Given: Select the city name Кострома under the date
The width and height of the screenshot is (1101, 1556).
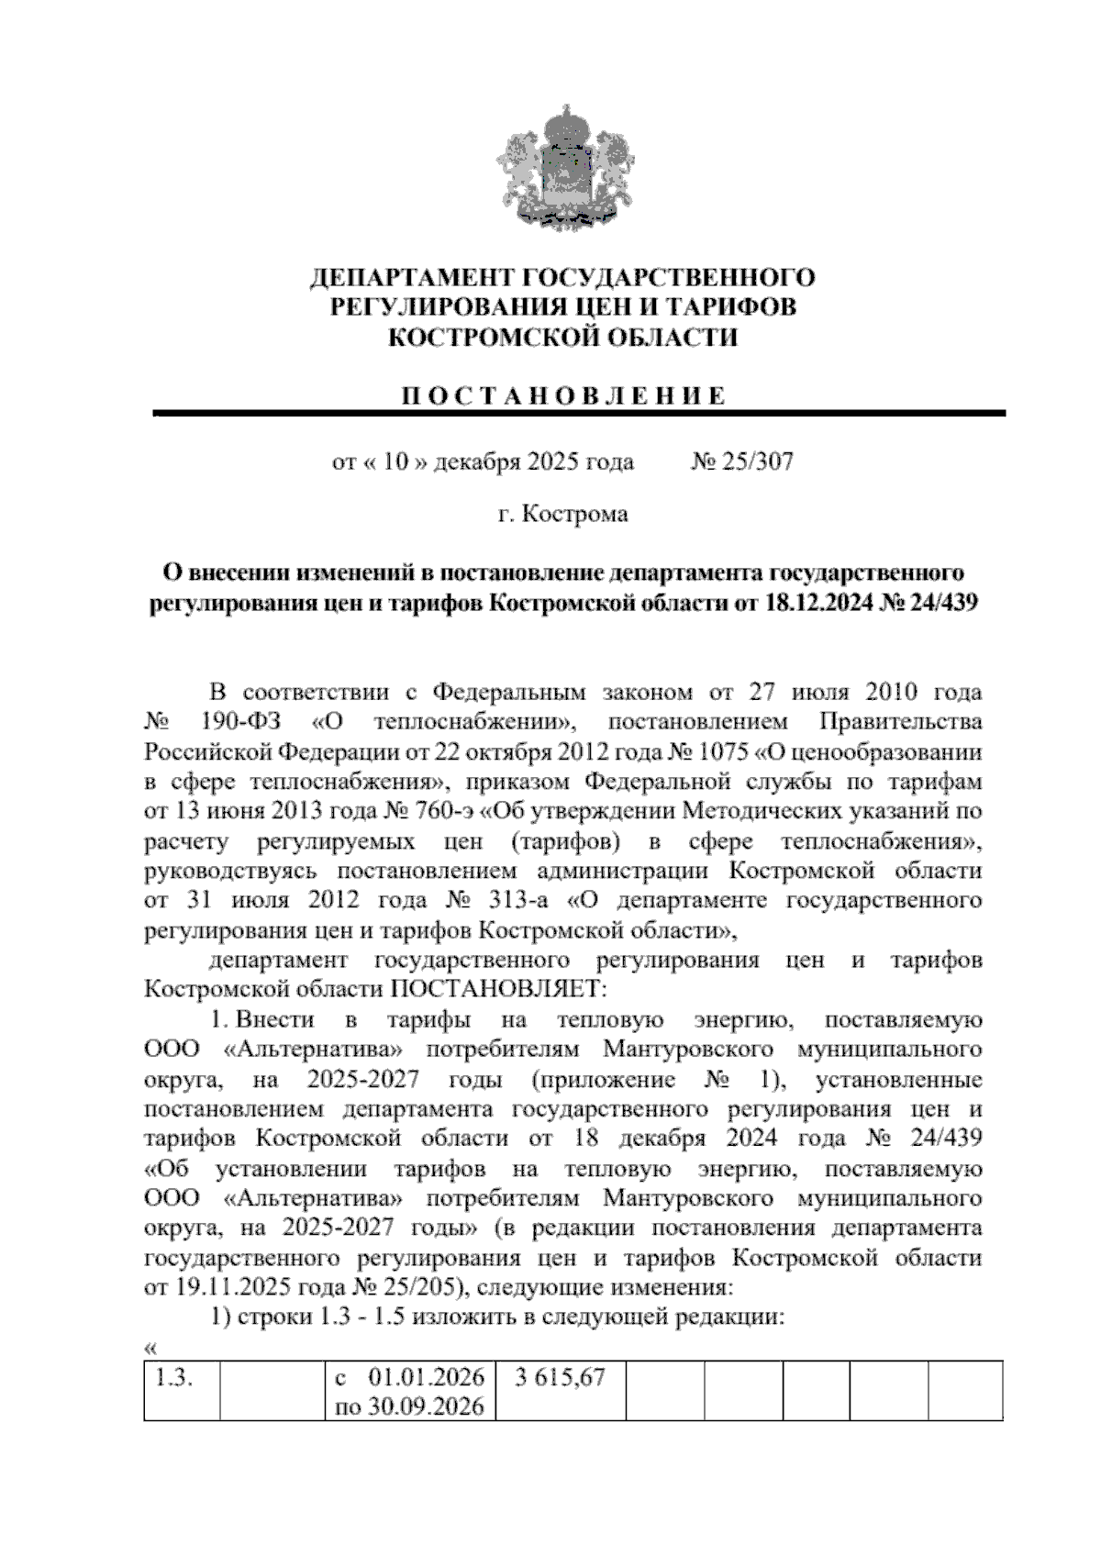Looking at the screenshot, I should point(575,514).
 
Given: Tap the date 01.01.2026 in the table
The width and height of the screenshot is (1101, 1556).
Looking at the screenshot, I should point(426,1378).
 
